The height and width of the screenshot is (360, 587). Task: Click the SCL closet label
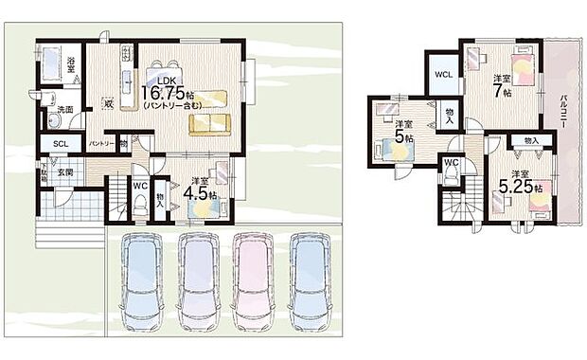[x=60, y=143]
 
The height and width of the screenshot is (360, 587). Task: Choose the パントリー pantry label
[x=101, y=143]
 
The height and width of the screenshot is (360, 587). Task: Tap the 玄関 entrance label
[x=63, y=171]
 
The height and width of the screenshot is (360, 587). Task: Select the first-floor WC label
[x=138, y=185]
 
